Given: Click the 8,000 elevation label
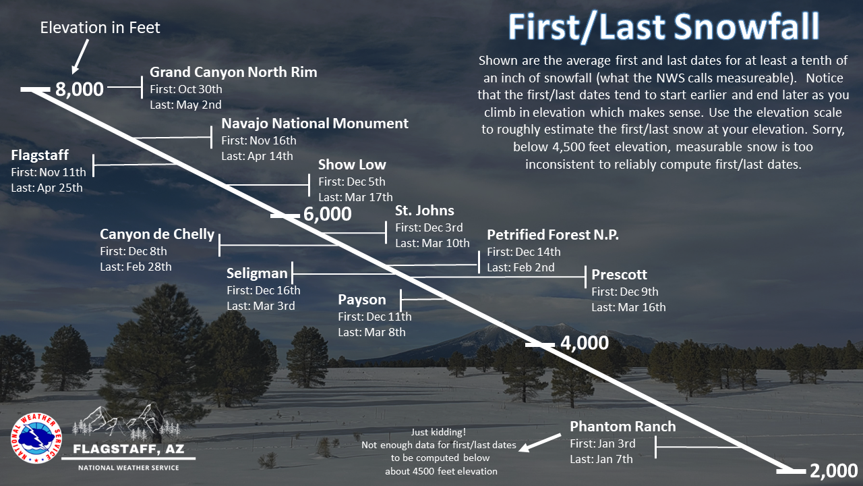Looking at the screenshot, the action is pyautogui.click(x=80, y=90).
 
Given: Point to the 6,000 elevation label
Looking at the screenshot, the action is pyautogui.click(x=328, y=214).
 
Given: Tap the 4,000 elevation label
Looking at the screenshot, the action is pyautogui.click(x=585, y=343).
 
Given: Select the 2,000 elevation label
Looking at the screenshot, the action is pyautogui.click(x=834, y=471).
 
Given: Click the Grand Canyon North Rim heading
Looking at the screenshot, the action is pyautogui.click(x=233, y=72).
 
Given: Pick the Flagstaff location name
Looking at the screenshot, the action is pyautogui.click(x=40, y=155).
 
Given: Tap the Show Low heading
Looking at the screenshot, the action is pyautogui.click(x=352, y=165).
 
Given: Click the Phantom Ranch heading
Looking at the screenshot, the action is pyautogui.click(x=622, y=427).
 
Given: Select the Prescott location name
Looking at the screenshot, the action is pyautogui.click(x=619, y=275).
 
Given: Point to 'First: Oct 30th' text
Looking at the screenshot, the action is pyautogui.click(x=185, y=89).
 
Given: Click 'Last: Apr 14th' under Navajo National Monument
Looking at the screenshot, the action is pyautogui.click(x=257, y=156).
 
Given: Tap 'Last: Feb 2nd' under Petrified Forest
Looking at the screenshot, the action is pyautogui.click(x=520, y=267).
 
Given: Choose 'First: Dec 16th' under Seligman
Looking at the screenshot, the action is pyautogui.click(x=263, y=290).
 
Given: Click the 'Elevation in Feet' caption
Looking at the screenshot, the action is pyautogui.click(x=100, y=28).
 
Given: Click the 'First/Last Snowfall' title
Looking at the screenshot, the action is pyautogui.click(x=663, y=27).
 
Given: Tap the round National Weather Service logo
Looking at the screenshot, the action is pyautogui.click(x=36, y=438).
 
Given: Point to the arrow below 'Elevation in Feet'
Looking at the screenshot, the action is pyautogui.click(x=80, y=57).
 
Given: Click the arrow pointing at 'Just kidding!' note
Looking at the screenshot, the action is pyautogui.click(x=540, y=443).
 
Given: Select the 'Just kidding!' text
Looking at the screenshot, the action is pyautogui.click(x=438, y=432).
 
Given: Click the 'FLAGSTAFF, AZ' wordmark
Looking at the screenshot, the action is pyautogui.click(x=129, y=449).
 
